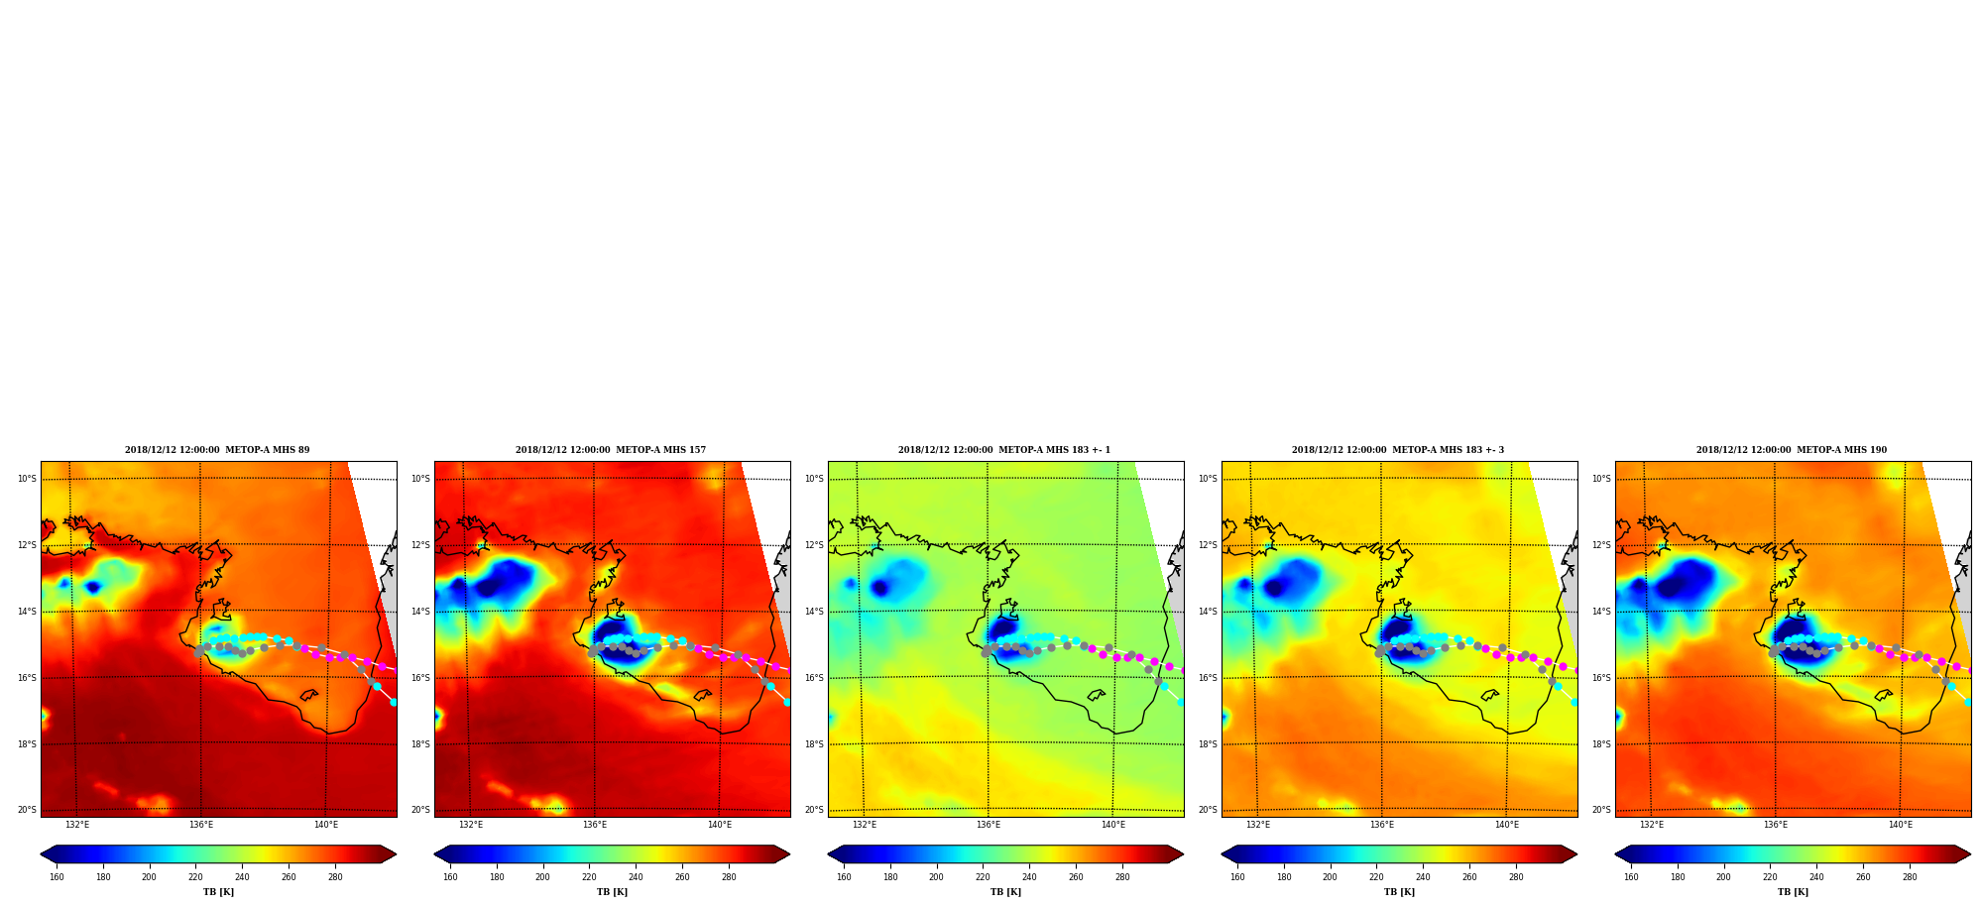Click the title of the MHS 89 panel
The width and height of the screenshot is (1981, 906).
coord(217,450)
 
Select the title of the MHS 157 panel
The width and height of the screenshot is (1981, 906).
coord(611,450)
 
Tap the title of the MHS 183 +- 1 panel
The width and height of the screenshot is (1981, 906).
coord(1004,450)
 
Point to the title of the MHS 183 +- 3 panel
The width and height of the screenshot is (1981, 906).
coord(1398,450)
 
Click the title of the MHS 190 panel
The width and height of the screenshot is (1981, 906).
coord(1792,450)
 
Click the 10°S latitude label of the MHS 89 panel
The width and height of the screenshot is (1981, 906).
coord(27,479)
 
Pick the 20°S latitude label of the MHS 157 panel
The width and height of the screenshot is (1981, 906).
coord(420,810)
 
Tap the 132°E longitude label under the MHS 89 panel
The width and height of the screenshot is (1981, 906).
coord(77,825)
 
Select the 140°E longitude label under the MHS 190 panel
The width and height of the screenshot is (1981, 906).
coord(1901,825)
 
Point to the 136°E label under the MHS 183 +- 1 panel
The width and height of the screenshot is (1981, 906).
coord(989,825)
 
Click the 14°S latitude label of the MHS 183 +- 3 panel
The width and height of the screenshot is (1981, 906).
coord(1208,612)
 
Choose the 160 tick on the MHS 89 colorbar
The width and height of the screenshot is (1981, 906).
coord(57,876)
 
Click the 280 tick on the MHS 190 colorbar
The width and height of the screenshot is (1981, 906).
coord(1910,876)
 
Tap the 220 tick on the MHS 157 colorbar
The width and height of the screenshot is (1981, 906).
coord(589,876)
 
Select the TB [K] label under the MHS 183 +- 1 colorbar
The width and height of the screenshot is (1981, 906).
coord(1005,892)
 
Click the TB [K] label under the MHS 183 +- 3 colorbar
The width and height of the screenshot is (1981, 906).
coord(1399,892)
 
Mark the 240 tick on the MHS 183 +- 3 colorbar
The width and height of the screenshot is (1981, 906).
coord(1423,876)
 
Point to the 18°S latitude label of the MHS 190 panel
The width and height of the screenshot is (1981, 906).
coord(1601,744)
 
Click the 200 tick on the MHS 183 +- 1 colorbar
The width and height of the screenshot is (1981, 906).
coord(936,876)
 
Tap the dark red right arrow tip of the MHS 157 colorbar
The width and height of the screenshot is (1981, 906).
coord(789,854)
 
